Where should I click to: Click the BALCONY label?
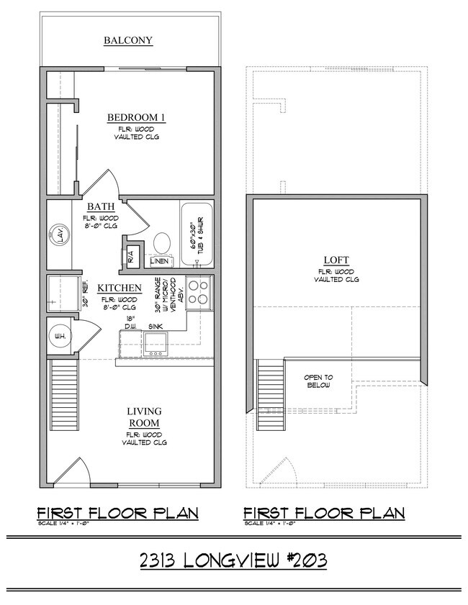click(128, 40)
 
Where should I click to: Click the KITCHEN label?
click(120, 288)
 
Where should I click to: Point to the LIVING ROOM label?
click(144, 417)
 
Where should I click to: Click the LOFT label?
click(337, 260)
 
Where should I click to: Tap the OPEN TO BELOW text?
click(317, 381)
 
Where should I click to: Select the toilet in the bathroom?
click(161, 242)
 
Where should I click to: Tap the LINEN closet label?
click(160, 260)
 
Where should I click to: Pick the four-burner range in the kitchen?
click(199, 293)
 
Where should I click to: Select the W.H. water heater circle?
click(59, 335)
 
